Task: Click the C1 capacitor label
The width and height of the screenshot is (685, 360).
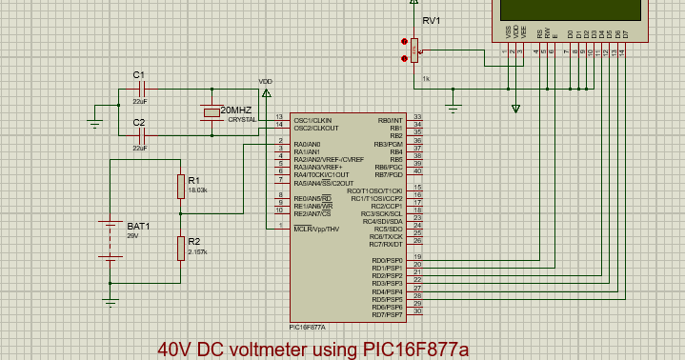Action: (138, 74)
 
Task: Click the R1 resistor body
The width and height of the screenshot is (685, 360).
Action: (179, 187)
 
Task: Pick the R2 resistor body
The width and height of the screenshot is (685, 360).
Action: (179, 249)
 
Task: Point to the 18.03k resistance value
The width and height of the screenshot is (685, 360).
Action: (197, 190)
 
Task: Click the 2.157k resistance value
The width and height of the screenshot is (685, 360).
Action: (197, 252)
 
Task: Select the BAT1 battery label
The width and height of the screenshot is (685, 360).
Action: (138, 227)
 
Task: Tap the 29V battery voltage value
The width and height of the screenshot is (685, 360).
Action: (133, 235)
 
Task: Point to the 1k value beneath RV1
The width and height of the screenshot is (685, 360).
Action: (426, 78)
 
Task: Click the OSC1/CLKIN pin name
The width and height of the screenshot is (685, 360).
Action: (313, 120)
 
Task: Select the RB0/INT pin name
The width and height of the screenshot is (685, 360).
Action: (391, 120)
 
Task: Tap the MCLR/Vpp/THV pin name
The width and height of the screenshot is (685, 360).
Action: (316, 229)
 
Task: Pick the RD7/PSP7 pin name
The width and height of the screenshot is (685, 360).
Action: (388, 314)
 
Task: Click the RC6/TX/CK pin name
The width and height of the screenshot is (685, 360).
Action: (388, 236)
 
